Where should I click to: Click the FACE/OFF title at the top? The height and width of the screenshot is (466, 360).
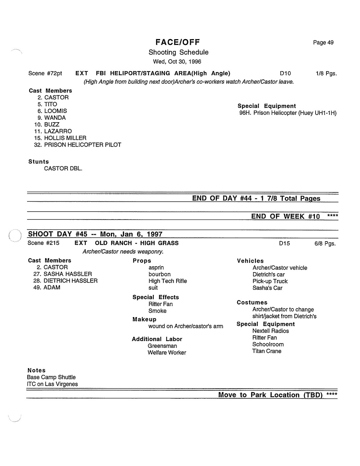178,42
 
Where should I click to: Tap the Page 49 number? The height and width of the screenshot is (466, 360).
323,43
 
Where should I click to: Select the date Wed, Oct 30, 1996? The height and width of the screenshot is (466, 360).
177,62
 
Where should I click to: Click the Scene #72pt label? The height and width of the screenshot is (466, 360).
45,73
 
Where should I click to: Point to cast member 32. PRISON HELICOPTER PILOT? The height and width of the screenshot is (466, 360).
78,145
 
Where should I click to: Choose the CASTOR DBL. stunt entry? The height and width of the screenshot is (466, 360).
63,168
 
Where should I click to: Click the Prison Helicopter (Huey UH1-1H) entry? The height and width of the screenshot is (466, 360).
288,113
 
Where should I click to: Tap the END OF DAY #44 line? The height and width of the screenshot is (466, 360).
256,198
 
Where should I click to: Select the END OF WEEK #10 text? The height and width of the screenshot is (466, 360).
285,216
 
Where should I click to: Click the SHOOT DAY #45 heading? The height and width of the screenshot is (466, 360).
95,234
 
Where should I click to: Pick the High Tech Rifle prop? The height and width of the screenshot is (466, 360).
168,281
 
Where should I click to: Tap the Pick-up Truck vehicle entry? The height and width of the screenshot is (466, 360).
270,281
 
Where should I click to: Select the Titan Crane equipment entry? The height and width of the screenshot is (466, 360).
267,351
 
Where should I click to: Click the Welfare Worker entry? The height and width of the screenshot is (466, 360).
167,353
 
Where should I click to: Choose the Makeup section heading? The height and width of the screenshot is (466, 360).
144,319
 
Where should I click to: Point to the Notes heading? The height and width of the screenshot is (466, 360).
37,370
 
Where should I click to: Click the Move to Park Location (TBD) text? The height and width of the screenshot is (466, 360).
270,395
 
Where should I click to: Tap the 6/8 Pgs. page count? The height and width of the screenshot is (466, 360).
325,244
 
